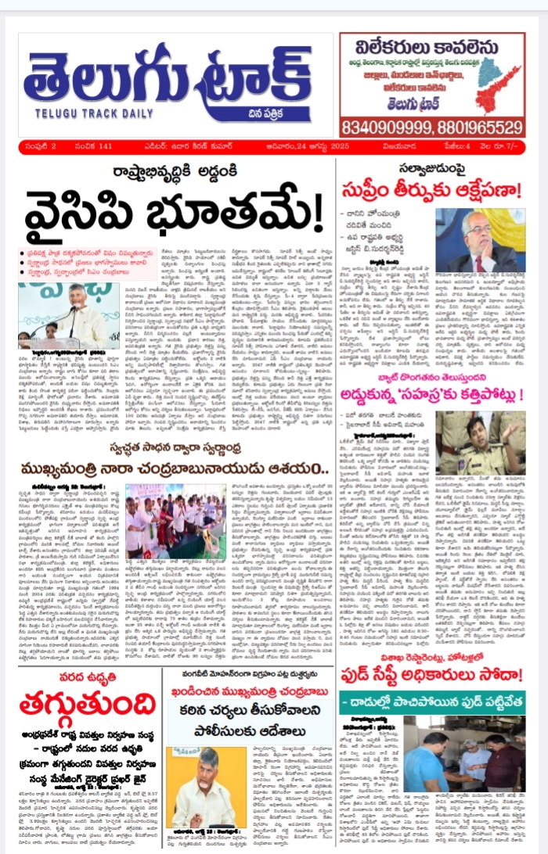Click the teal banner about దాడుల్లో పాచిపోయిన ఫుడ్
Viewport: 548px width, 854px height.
(432, 701)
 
